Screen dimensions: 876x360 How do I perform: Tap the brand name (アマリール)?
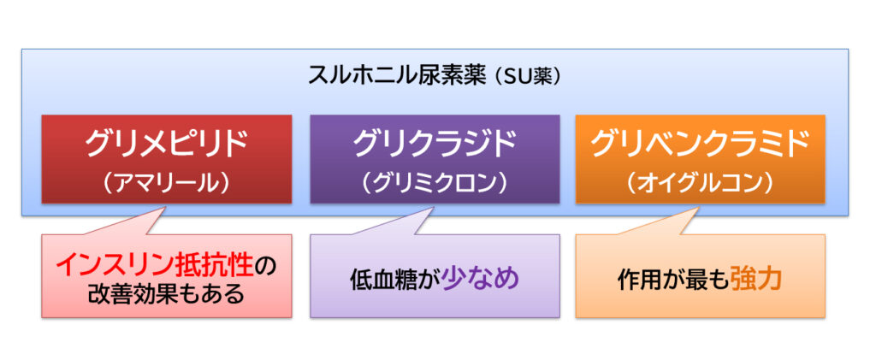(166, 184)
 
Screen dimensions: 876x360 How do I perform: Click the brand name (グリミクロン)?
(435, 184)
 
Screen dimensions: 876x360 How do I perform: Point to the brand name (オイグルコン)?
(700, 184)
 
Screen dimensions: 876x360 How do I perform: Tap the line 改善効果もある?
(166, 294)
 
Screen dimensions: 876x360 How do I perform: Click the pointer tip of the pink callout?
(167, 207)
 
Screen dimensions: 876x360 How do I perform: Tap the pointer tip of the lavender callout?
(434, 207)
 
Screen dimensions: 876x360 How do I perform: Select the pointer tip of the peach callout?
(700, 207)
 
